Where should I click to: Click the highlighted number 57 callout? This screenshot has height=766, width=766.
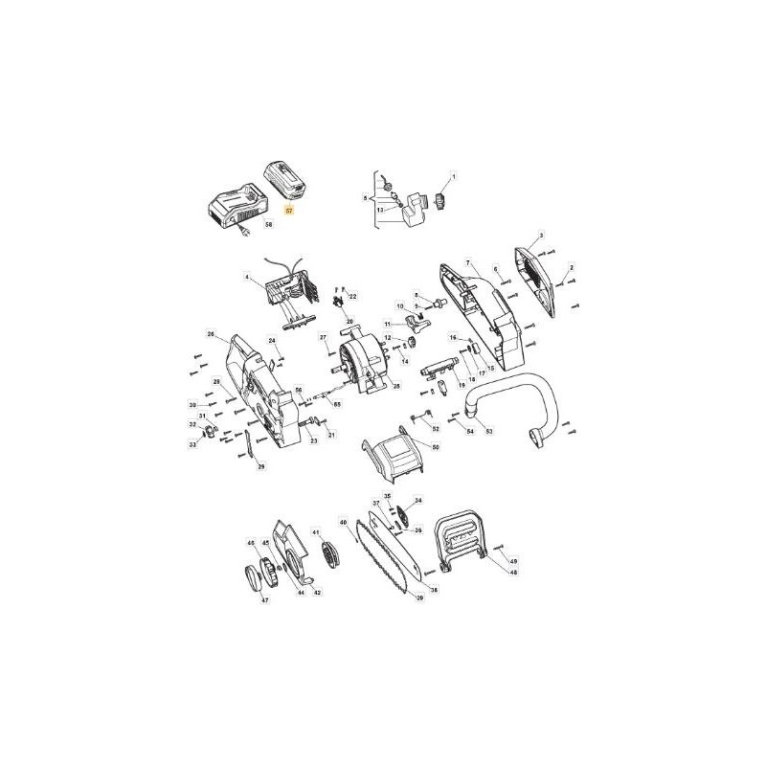(291, 207)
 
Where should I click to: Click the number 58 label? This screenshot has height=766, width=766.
(268, 224)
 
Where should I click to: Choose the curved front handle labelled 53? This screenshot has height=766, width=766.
(507, 402)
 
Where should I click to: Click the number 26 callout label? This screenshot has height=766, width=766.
(211, 333)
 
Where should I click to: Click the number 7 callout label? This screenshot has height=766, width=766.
(468, 262)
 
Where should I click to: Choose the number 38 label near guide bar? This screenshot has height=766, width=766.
(433, 590)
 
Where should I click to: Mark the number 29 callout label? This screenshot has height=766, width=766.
(261, 466)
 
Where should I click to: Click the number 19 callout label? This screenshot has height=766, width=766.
(462, 385)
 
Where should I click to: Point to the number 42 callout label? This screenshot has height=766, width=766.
(318, 593)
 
